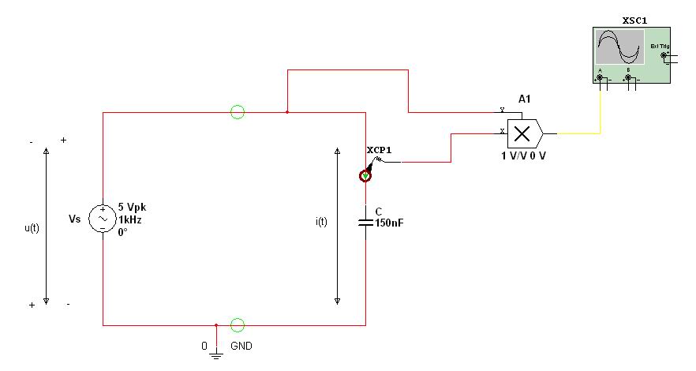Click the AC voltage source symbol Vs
coord(103,218)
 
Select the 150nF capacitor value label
coord(390,223)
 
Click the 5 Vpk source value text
coord(132,208)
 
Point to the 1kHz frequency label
coord(129,219)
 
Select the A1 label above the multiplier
coord(524,99)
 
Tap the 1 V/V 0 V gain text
coord(523,156)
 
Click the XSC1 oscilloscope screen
coord(618,47)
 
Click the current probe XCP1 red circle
coord(365,174)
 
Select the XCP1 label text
coord(379,149)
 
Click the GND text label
coord(241,347)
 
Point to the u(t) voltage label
coord(32,227)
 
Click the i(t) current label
coord(321,222)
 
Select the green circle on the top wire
coord(237,112)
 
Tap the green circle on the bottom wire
coord(237,324)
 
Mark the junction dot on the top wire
coord(287,112)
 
